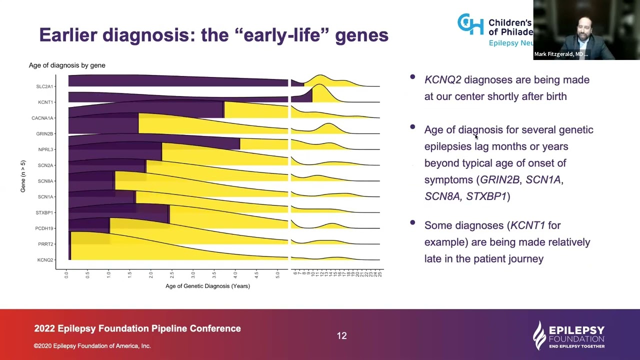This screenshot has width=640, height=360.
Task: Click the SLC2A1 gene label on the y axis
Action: pos(44,86)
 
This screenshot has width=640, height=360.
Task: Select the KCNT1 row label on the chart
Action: pos(45,102)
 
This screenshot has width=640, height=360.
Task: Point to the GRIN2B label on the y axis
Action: pos(44,134)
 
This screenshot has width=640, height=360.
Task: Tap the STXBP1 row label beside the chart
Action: pos(44,213)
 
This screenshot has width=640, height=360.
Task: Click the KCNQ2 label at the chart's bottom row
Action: pos(45,260)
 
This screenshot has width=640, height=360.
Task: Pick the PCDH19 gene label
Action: pos(44,228)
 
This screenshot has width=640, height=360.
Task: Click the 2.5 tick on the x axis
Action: pos(172,274)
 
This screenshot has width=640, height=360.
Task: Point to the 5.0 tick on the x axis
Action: pos(278,274)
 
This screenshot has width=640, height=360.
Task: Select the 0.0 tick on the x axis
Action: pos(66,274)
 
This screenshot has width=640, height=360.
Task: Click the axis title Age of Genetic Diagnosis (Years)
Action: pos(207,286)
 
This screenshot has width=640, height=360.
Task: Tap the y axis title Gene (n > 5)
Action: pos(22,176)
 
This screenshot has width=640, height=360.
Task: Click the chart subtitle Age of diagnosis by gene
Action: pos(67,65)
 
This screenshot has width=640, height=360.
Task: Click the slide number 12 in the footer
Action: pos(341,336)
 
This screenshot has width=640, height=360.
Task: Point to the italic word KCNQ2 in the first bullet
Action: pos(442,80)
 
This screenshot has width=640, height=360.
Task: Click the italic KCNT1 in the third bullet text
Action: pos(527,225)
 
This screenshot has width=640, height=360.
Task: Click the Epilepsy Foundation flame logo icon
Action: pos(539,334)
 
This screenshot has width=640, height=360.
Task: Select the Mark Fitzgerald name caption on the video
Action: pos(560,54)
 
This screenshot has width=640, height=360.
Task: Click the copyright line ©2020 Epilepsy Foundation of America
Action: pos(92,346)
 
